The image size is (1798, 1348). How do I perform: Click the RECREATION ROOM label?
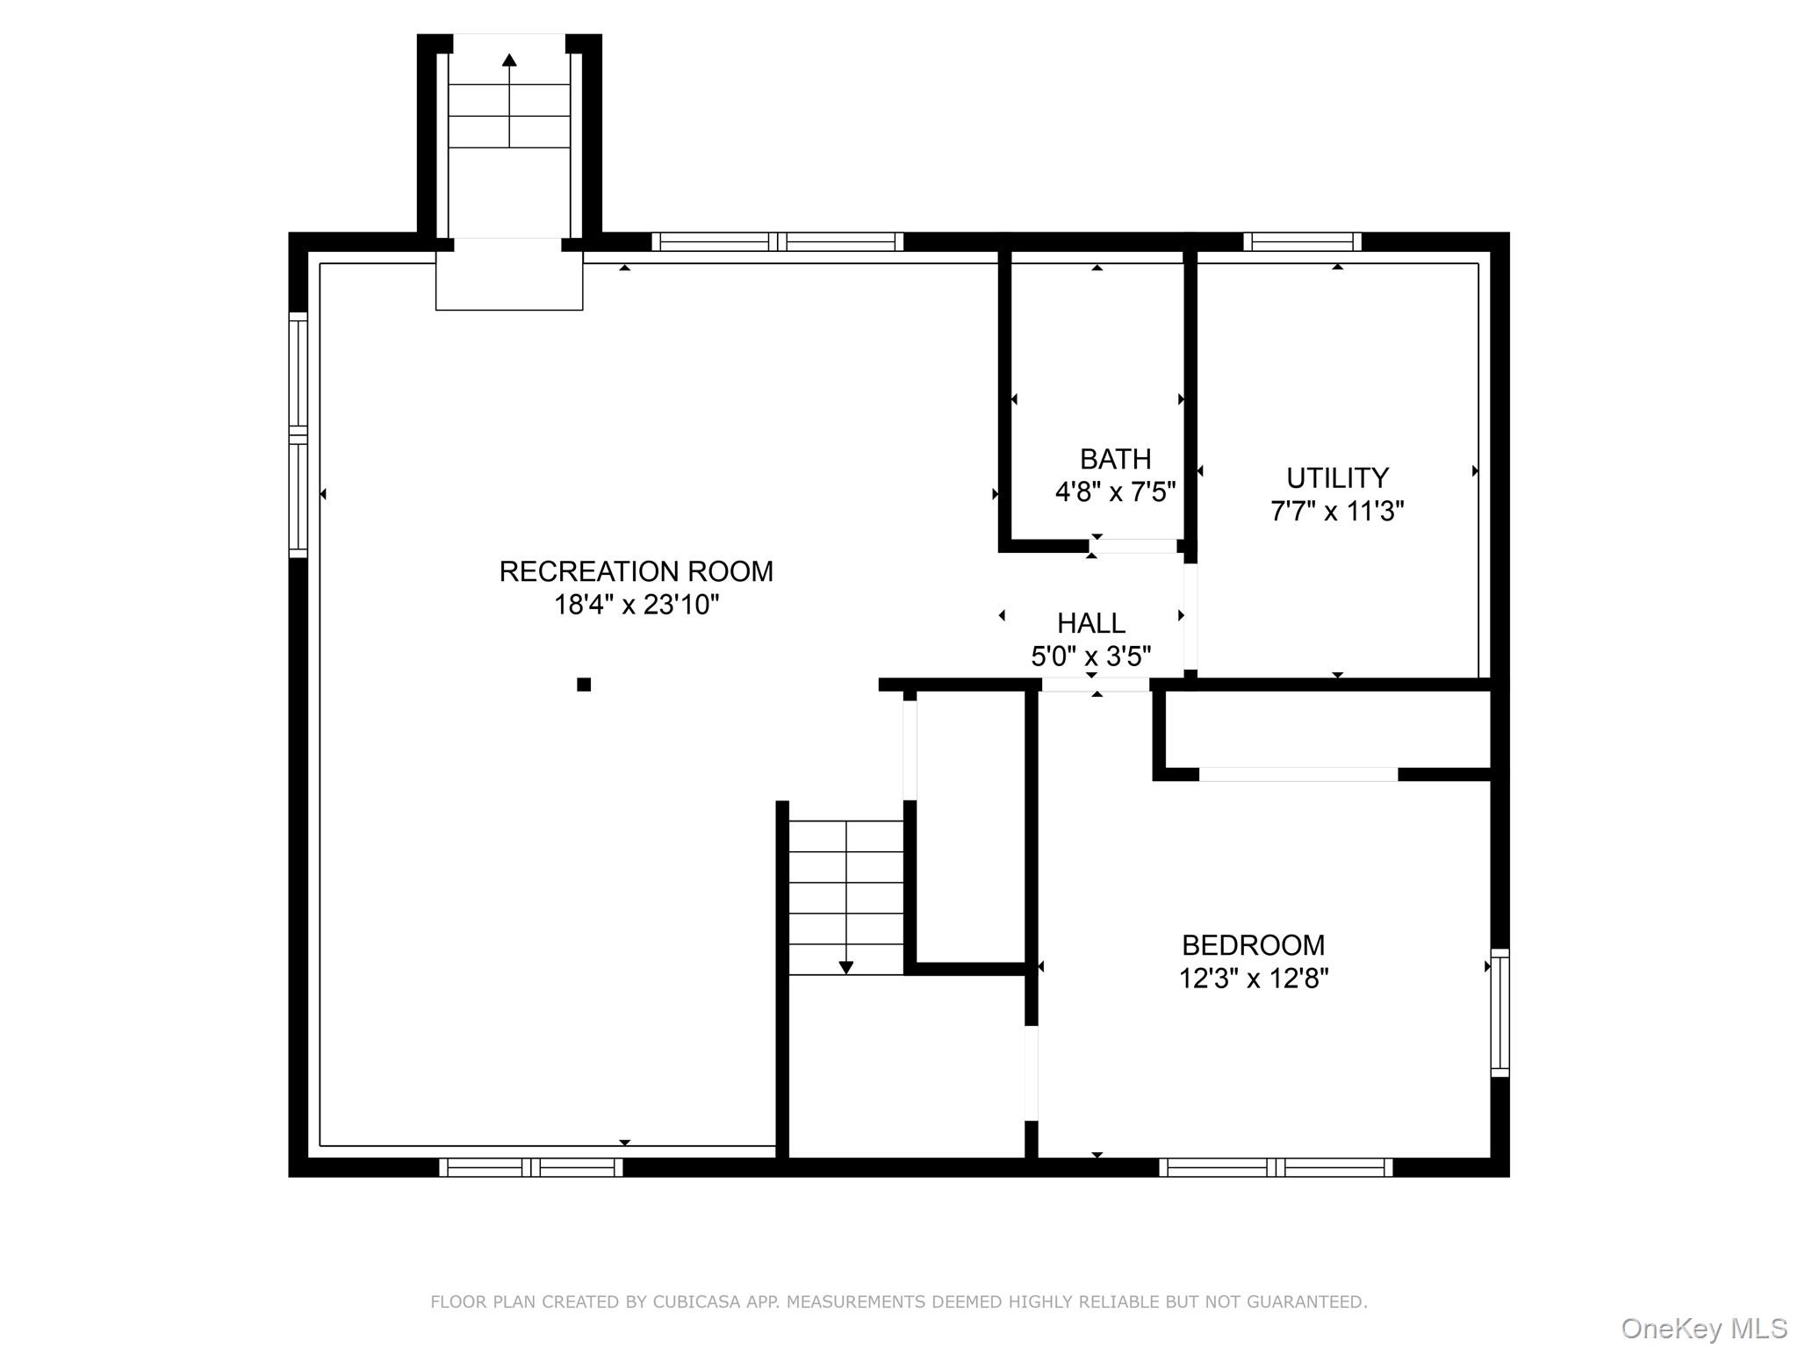[x=636, y=571]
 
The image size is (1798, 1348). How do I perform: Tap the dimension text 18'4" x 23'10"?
[x=636, y=605]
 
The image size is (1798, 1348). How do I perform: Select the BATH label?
[x=1115, y=459]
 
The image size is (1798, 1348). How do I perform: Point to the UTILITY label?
[x=1337, y=478]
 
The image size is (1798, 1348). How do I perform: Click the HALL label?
[x=1090, y=623]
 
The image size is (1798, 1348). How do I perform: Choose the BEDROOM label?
[x=1253, y=945]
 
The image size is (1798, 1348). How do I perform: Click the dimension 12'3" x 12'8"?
[x=1253, y=979]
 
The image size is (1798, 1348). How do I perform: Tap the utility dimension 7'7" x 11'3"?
[x=1337, y=511]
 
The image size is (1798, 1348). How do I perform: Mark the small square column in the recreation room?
[x=584, y=685]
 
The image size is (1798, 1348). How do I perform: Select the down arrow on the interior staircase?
[x=845, y=966]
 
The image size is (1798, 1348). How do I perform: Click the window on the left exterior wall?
[x=298, y=434]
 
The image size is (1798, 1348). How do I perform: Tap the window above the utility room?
[x=1302, y=241]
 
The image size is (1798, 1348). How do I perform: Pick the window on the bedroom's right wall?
[x=1500, y=1012]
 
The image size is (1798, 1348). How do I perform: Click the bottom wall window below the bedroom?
[x=1275, y=1167]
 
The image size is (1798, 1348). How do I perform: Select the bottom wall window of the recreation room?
[x=530, y=1167]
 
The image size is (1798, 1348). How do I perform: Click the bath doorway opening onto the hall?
[x=1133, y=546]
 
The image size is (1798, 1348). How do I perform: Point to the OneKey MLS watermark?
[x=1703, y=1329]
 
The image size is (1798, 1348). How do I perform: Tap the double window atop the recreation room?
[x=777, y=241]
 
